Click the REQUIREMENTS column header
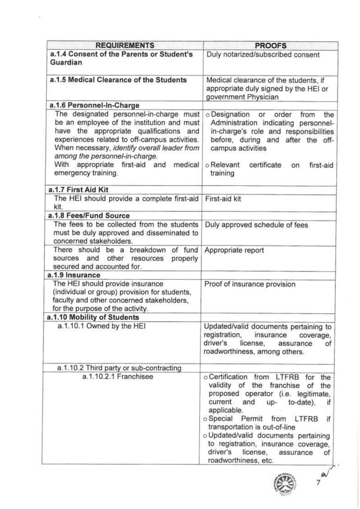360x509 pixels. tap(125, 45)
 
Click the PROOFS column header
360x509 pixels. tap(270, 45)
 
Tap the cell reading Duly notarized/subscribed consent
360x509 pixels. tap(264, 55)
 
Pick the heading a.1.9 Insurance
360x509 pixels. tap(76, 275)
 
